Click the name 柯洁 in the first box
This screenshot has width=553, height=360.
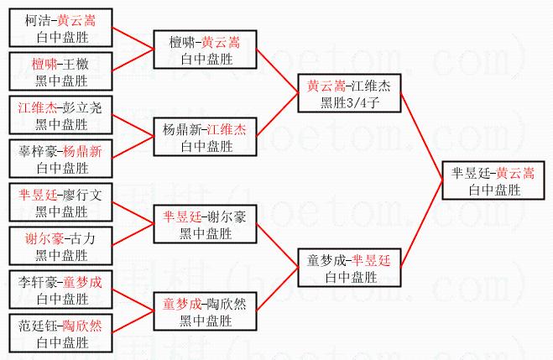[38, 20]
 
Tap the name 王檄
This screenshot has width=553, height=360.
[76, 64]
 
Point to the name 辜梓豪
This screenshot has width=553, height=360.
[38, 152]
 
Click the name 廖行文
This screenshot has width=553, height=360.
[82, 195]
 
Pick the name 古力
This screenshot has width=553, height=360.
[82, 238]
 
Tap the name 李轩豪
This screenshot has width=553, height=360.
[38, 283]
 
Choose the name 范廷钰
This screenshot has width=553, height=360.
[38, 326]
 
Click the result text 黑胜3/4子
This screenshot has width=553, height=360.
[349, 102]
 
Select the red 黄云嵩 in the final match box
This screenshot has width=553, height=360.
[515, 173]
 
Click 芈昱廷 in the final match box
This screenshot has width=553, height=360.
[471, 173]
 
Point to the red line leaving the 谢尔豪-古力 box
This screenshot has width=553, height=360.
[133, 234]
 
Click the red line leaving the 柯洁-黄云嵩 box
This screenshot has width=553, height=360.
[133, 38]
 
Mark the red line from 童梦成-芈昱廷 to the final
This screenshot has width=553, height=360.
[421, 224]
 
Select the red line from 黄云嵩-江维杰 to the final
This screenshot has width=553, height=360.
[421, 137]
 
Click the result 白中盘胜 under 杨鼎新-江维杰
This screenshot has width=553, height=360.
[207, 146]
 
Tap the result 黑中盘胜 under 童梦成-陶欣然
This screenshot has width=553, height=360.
[206, 321]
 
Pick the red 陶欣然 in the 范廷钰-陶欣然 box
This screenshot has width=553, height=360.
[82, 326]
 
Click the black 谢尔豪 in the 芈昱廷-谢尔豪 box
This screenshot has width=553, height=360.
[227, 217]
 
